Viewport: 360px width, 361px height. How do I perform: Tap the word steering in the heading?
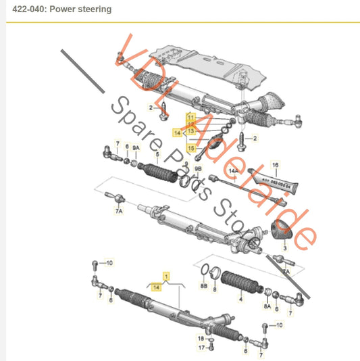click(94, 9)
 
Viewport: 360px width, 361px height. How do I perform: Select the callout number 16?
click(275, 164)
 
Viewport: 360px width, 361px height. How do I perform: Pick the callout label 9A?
click(135, 147)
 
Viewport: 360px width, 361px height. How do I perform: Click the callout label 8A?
click(267, 306)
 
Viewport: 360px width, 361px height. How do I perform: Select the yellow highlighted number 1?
click(163, 275)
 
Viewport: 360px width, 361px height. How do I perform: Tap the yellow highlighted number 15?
click(192, 147)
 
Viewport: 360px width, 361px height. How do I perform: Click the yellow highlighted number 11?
click(191, 117)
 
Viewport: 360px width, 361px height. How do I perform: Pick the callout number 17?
click(201, 347)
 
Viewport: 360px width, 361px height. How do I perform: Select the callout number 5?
click(157, 155)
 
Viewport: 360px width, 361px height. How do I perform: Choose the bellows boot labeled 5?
click(158, 172)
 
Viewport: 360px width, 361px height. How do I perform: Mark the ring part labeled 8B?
click(203, 273)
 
